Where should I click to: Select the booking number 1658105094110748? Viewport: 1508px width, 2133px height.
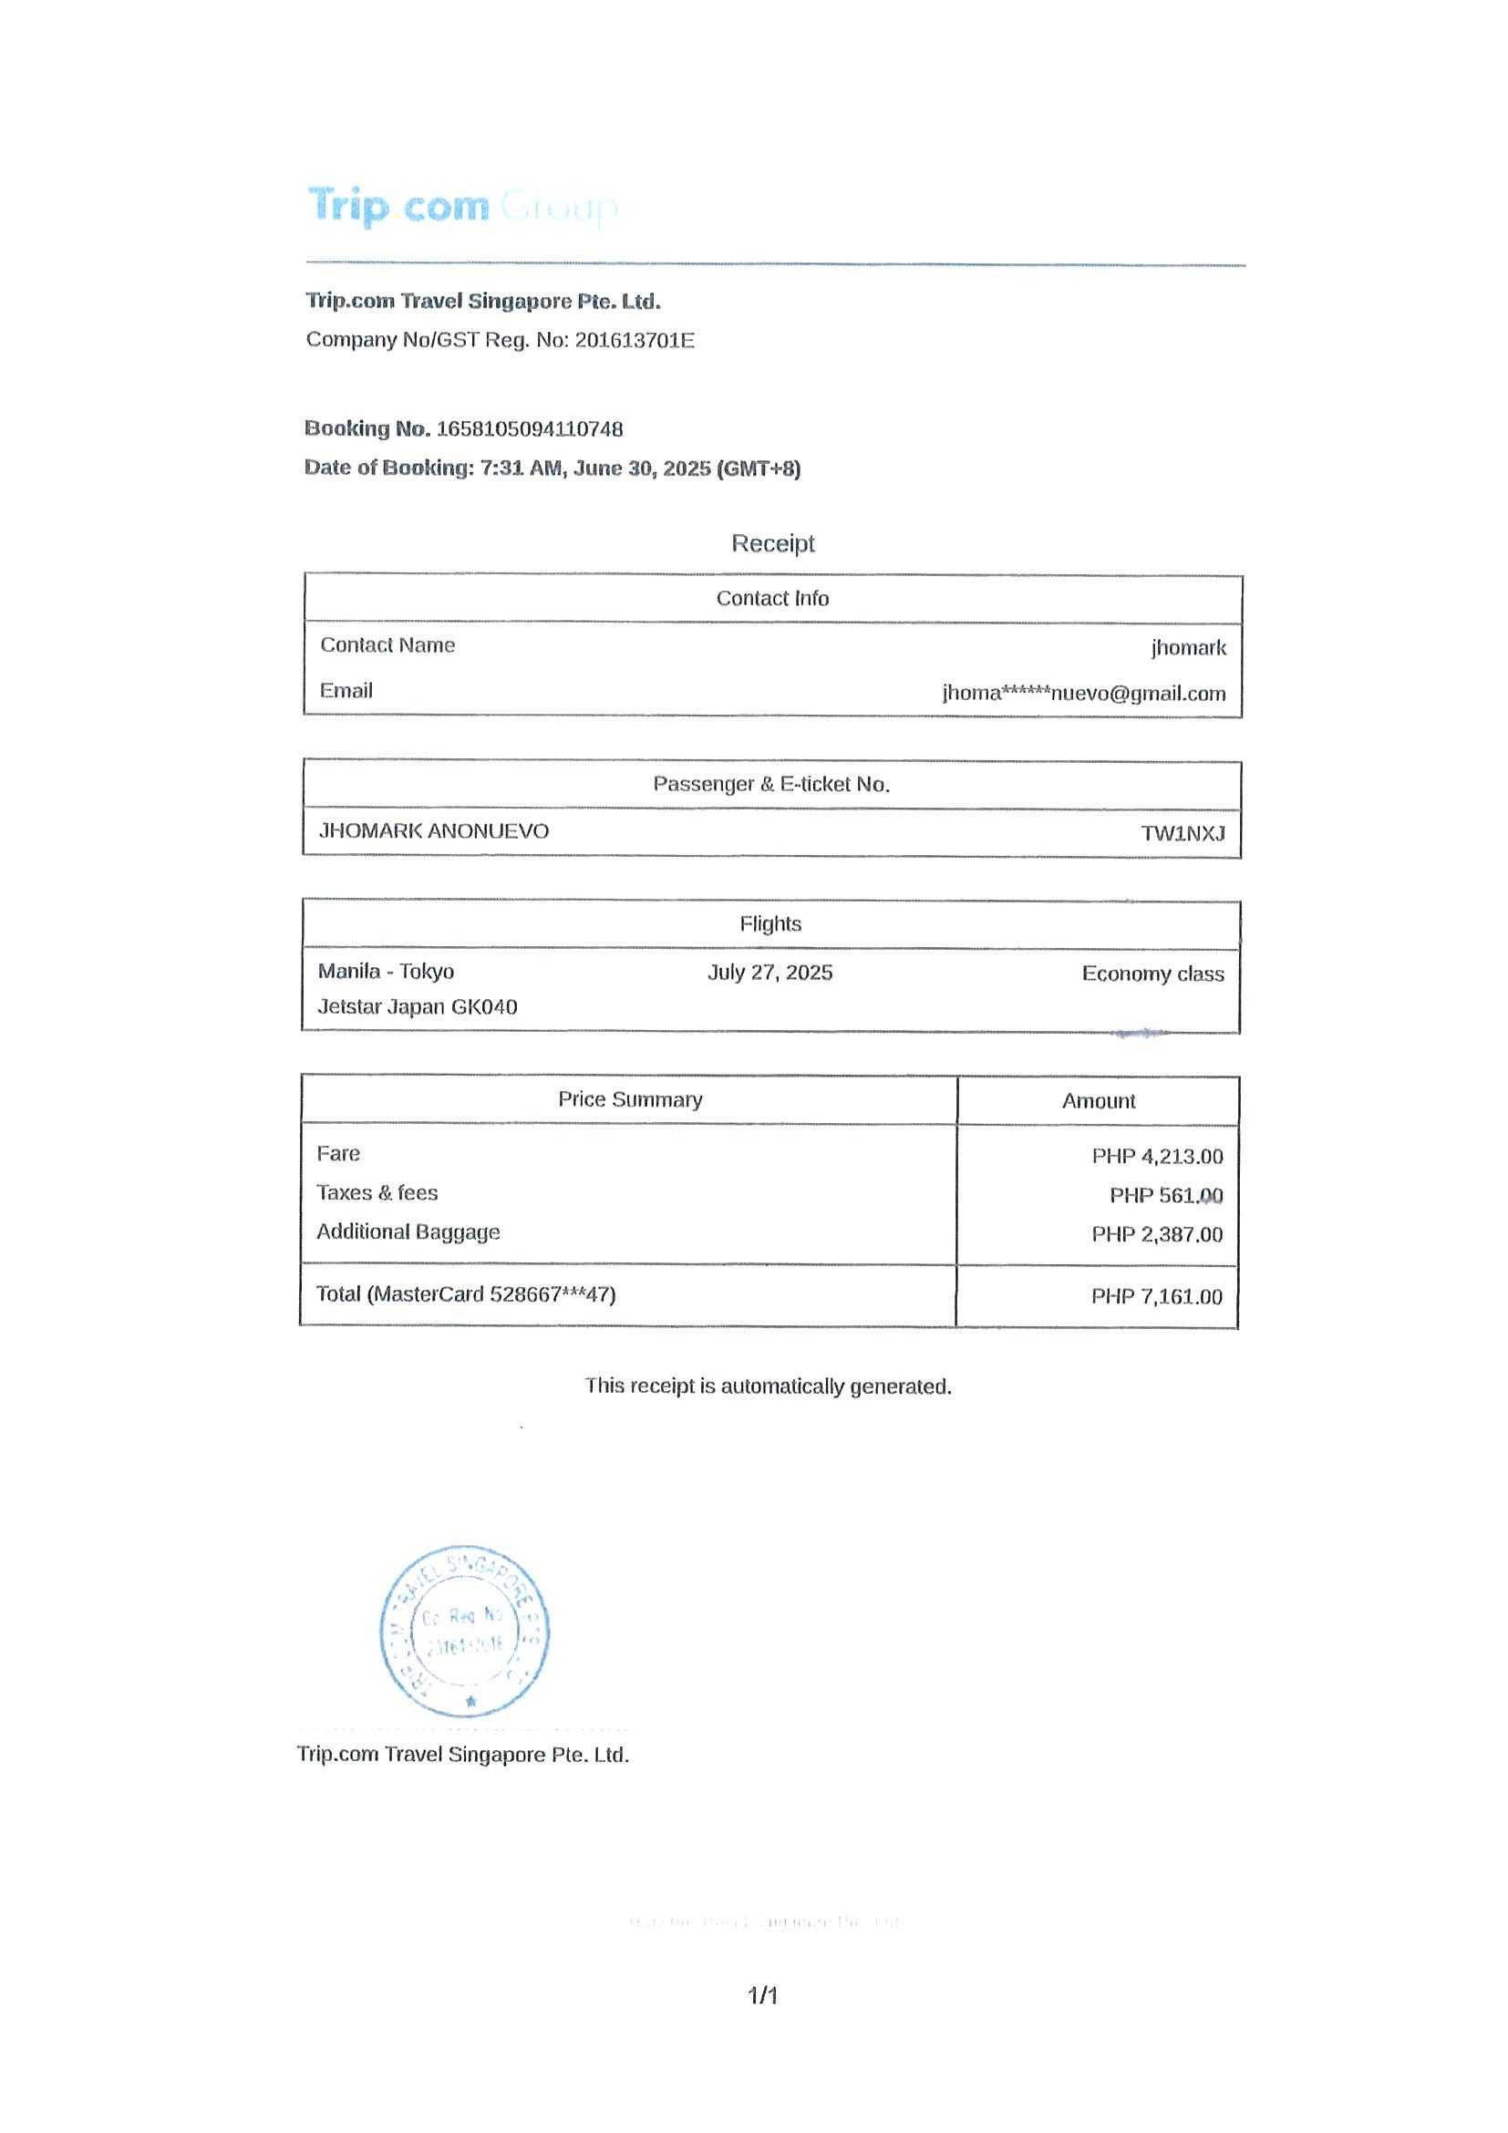coord(529,429)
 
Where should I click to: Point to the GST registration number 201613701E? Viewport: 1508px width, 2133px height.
coord(634,340)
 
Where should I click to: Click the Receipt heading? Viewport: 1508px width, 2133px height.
coord(772,543)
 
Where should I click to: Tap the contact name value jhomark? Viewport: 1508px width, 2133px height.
coord(1187,647)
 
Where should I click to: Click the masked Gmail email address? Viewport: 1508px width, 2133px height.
coord(1083,693)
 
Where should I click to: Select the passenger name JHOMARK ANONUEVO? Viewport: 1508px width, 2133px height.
coord(434,830)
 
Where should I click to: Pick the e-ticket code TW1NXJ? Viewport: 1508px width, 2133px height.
coord(1182,833)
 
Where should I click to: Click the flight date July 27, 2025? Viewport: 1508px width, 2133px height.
coord(769,973)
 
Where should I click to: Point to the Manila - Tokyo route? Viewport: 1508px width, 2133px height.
coord(386,972)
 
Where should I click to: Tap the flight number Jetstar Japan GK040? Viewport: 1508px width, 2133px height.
coord(418,1007)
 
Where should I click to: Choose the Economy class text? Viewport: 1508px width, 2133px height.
coord(1152,974)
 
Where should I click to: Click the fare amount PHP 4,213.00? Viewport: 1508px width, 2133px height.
coord(1157,1157)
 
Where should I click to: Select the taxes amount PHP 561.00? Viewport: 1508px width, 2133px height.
coord(1165,1196)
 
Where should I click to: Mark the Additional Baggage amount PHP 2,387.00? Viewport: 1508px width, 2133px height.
coord(1157,1234)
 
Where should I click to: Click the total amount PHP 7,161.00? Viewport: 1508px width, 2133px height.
coord(1156,1297)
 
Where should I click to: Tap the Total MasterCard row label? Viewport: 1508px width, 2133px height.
coord(466,1294)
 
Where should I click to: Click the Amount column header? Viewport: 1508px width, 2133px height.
coord(1099,1101)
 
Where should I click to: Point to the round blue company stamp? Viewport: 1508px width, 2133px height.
coord(465,1632)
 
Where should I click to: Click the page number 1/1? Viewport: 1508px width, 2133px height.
coord(763,1995)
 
